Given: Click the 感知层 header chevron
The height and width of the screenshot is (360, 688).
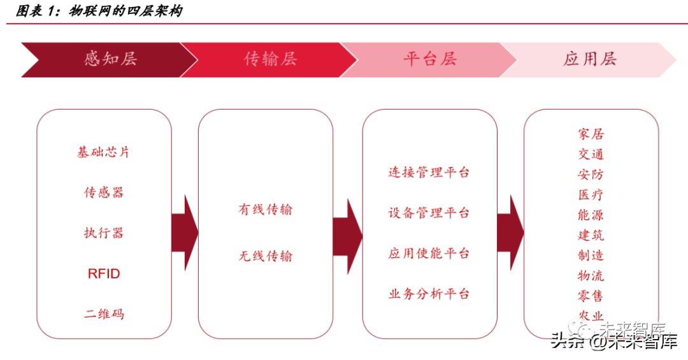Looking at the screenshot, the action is pos(110,59).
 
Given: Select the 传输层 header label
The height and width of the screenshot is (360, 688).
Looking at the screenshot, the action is pos(270,59).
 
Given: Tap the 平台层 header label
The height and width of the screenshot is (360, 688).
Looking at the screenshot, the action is pos(430,59).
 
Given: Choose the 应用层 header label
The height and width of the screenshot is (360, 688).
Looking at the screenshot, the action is pos(589,59).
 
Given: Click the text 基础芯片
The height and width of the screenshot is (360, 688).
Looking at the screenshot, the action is pos(103,152).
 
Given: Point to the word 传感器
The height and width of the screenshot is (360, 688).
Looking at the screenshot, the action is pos(103,192).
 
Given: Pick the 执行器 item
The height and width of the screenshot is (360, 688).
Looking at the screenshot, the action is pos(103,233).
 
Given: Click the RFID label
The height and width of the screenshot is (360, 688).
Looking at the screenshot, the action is pos(103,274).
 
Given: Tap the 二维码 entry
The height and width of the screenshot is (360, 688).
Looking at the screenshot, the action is pos(103,314).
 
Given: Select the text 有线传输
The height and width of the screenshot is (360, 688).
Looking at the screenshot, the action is pos(265,210).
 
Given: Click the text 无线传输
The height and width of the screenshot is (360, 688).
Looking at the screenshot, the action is pos(265,256).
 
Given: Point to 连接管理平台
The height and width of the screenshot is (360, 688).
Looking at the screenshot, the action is pos(429,172).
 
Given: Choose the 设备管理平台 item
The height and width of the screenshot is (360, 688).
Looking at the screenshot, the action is pos(429,213).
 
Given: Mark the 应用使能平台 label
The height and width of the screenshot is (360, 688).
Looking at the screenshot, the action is pos(429,254).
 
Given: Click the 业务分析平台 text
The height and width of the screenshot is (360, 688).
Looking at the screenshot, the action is pos(429,294).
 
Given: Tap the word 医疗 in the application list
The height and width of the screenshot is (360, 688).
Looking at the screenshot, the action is pos(591,195).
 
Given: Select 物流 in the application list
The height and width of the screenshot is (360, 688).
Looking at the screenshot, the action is pos(591,276).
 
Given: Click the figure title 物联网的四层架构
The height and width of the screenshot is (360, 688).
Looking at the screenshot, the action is pos(124,11).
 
